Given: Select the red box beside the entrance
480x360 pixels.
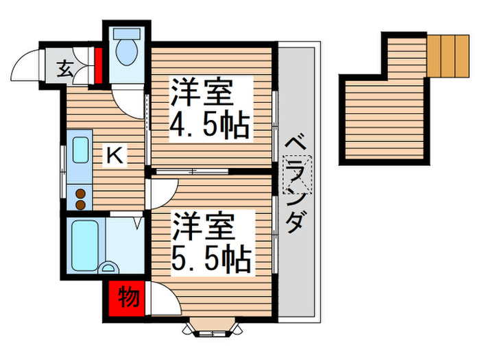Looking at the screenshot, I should tap(98, 64).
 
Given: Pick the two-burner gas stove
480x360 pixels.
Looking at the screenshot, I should tap(81, 199).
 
